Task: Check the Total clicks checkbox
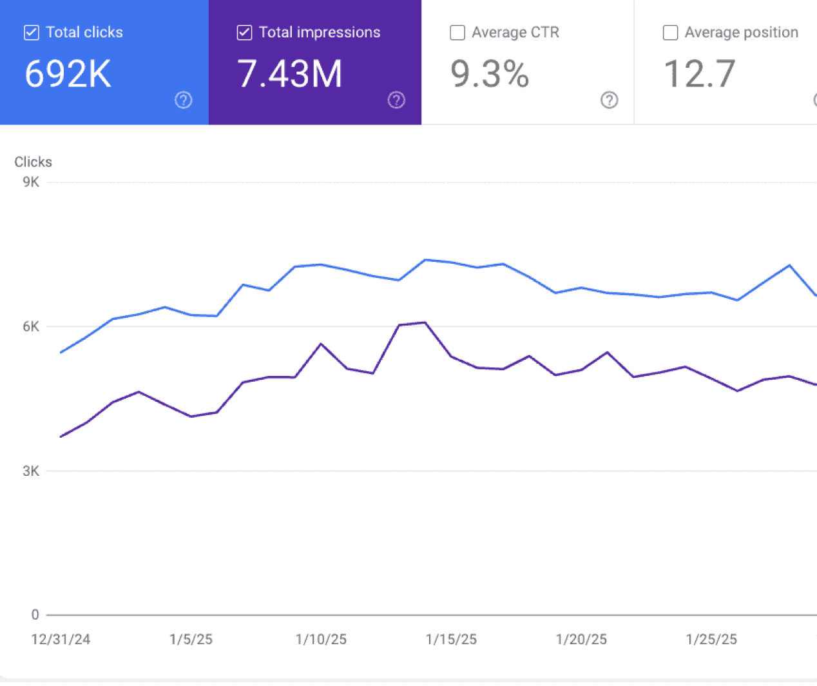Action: pos(31,32)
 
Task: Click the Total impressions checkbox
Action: pos(244,32)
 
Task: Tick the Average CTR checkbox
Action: pos(457,32)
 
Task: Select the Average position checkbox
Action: pos(670,32)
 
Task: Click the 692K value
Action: pos(68,73)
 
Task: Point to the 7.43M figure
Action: pos(289,73)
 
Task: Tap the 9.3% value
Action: pos(490,73)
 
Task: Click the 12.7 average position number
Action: pos(699,73)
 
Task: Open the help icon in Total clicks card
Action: pos(184,100)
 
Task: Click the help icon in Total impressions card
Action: pos(396,100)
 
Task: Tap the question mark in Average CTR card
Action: pos(609,100)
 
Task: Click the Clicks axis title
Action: pos(33,162)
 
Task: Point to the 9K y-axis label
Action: pos(31,182)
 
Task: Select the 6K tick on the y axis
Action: pos(31,326)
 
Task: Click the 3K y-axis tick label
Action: pos(31,471)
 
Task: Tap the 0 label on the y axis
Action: pos(35,614)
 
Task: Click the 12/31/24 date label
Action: pos(61,639)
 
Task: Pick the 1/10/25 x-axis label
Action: pos(321,639)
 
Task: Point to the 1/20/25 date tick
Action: pos(581,639)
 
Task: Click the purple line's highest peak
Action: pos(425,322)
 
